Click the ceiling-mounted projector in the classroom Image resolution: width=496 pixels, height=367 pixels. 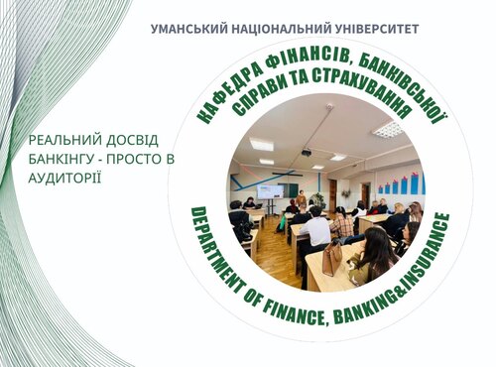[x=307, y=152]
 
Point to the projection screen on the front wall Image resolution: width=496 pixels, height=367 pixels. [x=270, y=188]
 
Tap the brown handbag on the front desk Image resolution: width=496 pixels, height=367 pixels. [x=331, y=260]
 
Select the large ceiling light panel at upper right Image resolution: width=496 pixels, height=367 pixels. [x=387, y=129]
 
